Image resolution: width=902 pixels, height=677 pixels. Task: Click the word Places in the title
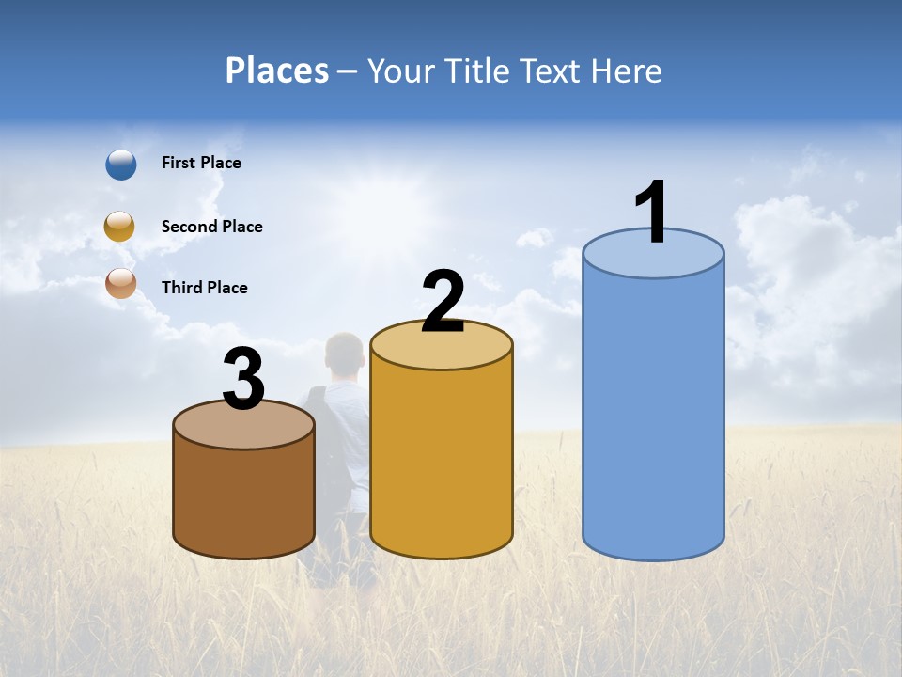277,71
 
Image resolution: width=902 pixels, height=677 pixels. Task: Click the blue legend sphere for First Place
121,165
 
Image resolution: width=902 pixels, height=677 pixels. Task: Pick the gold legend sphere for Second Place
120,227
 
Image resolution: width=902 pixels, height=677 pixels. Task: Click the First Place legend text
201,163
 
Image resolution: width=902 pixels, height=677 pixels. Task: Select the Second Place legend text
211,227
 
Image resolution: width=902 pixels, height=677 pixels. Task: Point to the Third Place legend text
204,288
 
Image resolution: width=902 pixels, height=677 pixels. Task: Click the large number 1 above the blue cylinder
652,213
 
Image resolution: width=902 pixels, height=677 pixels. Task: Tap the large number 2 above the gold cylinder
443,302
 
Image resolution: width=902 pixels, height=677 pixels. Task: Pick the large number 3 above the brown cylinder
243,380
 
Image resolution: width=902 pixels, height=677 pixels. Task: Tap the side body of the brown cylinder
243,498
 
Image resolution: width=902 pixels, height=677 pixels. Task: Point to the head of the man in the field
344,353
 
